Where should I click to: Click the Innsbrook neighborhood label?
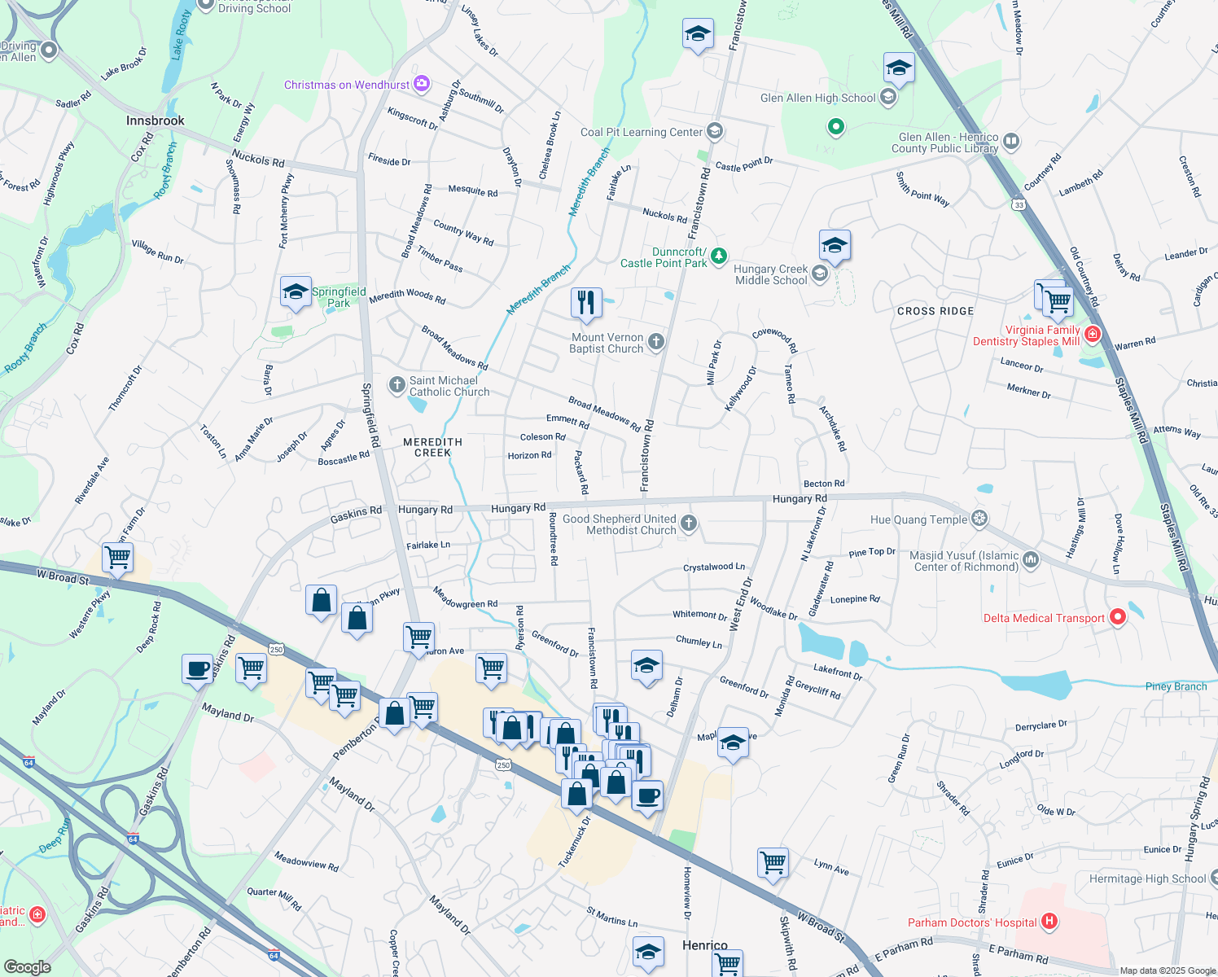point(155,120)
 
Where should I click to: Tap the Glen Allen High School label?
point(817,98)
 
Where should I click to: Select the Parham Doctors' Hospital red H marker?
point(1049,922)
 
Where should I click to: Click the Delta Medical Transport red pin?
point(1118,617)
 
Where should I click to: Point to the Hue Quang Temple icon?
point(980,519)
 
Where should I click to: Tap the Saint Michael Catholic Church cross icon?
point(397,384)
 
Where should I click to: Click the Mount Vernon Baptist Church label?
point(607,343)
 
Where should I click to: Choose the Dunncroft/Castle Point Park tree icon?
point(718,256)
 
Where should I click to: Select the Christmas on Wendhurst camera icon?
point(421,83)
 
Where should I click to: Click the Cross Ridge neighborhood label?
point(935,311)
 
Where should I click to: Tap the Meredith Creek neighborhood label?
point(432,447)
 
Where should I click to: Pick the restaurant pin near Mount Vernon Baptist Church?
point(586,302)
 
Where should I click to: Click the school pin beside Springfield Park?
point(296,291)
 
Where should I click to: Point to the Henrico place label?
point(704,945)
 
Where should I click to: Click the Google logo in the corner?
point(27,966)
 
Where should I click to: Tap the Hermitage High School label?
point(1147,878)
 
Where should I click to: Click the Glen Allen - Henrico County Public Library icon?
point(1011,141)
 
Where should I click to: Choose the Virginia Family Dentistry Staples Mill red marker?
point(1093,334)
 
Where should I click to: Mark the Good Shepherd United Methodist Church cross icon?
point(689,523)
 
